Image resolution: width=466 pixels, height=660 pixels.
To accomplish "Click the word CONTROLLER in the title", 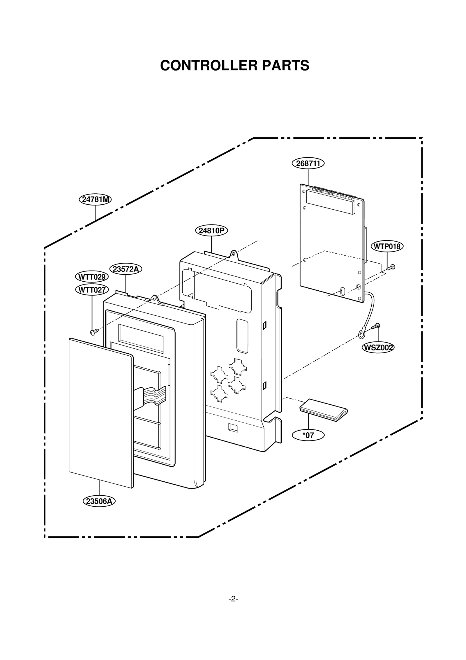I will [209, 65].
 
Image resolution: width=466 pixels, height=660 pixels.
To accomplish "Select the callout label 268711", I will [308, 163].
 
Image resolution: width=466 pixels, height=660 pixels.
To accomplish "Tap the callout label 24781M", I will [95, 199].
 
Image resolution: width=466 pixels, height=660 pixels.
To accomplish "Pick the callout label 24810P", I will [211, 231].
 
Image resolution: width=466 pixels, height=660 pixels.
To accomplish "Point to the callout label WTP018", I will [387, 246].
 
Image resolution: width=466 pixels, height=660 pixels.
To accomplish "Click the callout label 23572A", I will [126, 269].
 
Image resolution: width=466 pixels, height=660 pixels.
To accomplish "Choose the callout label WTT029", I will [92, 277].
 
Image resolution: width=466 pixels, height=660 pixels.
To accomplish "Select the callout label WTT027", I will [92, 290].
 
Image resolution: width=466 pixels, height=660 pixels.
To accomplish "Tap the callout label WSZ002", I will [378, 347].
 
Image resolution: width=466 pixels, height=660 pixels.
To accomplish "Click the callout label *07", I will [308, 435].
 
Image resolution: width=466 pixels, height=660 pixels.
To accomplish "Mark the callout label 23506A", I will [99, 501].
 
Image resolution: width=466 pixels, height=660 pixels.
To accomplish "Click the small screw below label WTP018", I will [391, 267].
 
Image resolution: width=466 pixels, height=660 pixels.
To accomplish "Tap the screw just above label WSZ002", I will [376, 327].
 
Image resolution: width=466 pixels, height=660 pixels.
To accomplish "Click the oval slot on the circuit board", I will [343, 291].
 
